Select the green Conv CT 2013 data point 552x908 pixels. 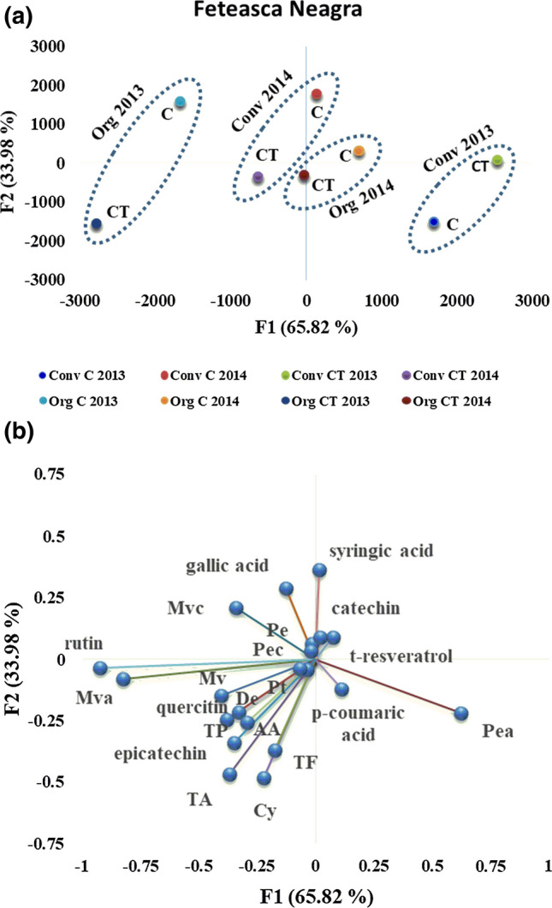[497, 161]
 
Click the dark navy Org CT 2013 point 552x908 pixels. [97, 224]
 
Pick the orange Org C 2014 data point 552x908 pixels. [359, 151]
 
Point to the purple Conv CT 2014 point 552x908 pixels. [258, 177]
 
